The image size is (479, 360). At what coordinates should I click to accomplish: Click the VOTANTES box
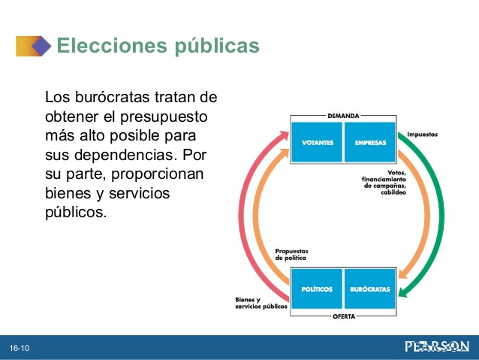317,142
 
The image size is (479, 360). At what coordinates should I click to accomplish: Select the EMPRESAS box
370,142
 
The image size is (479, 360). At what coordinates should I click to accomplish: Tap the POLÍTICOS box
317,289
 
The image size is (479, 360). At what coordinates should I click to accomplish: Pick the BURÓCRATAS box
370,289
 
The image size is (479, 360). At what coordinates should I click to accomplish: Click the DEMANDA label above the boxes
343,116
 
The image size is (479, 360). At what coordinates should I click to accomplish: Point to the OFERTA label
344,316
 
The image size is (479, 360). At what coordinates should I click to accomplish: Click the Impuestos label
422,135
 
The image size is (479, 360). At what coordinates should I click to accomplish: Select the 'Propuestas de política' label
291,255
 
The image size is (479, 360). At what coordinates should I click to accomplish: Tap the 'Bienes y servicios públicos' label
261,303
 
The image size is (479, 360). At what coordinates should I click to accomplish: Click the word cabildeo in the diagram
393,192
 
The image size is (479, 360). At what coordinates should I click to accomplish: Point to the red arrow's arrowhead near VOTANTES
284,135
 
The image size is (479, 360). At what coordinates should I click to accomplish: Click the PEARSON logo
437,347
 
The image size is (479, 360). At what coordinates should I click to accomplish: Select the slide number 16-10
20,348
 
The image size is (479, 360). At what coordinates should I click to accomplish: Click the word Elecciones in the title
112,45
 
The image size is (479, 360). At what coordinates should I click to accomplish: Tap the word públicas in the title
217,46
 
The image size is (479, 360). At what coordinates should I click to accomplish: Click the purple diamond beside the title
41,46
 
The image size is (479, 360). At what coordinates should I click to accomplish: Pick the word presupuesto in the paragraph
164,117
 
